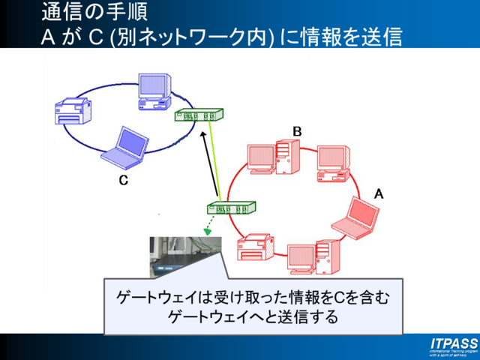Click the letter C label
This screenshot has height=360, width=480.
coord(124,181)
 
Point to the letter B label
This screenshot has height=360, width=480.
coord(297,131)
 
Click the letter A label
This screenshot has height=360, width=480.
coord(379,193)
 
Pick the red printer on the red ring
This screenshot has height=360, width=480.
coord(256,247)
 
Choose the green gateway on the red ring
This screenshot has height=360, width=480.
coord(231,209)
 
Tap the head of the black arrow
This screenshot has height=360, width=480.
coord(202,134)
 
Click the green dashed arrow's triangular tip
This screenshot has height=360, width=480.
coord(207,232)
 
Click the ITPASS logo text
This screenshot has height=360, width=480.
coord(453,343)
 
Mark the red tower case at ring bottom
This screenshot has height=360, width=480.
coord(324,255)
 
